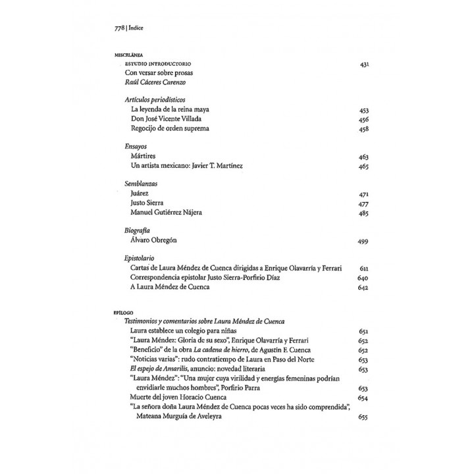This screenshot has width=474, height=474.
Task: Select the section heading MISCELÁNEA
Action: coord(130,55)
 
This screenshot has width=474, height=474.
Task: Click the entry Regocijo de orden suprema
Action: coord(170,128)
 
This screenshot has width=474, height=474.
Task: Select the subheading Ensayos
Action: coord(136,145)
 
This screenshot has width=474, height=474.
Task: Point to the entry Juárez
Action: coord(140,194)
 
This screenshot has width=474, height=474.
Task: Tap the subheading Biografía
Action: coord(138,231)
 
